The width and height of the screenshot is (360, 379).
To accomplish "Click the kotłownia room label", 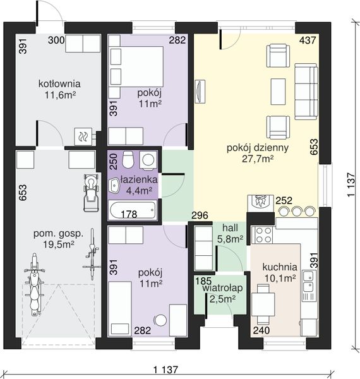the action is click(x=59, y=84).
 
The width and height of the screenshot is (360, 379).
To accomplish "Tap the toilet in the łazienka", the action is click(x=128, y=159).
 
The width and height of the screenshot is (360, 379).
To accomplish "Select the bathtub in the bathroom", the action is click(x=133, y=210).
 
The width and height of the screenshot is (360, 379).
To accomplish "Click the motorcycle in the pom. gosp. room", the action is click(x=34, y=285).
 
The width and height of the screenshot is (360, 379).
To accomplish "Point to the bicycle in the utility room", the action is click(x=92, y=254).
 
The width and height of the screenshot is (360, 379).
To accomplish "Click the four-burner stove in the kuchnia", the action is click(x=262, y=235).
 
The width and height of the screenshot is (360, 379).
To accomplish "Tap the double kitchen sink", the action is click(x=308, y=281).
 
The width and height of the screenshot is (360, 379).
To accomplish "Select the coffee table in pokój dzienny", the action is click(x=278, y=92).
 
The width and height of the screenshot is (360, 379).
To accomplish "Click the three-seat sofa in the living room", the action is click(x=306, y=92).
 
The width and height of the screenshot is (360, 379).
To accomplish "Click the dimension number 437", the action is click(x=308, y=40).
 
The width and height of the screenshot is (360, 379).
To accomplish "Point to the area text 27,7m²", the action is click(x=258, y=159).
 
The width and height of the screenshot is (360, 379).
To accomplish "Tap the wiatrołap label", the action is click(x=222, y=288).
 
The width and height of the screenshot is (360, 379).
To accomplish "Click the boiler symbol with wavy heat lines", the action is click(x=83, y=136).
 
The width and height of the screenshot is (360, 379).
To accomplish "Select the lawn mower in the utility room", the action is click(x=92, y=193).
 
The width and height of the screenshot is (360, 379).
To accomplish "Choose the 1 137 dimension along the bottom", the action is click(x=165, y=370).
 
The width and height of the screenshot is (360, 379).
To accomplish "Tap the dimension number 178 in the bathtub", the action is click(x=129, y=214).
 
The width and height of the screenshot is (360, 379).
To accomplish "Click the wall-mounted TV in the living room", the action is click(x=200, y=92).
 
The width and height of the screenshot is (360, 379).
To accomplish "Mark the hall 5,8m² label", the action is click(x=231, y=233).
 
